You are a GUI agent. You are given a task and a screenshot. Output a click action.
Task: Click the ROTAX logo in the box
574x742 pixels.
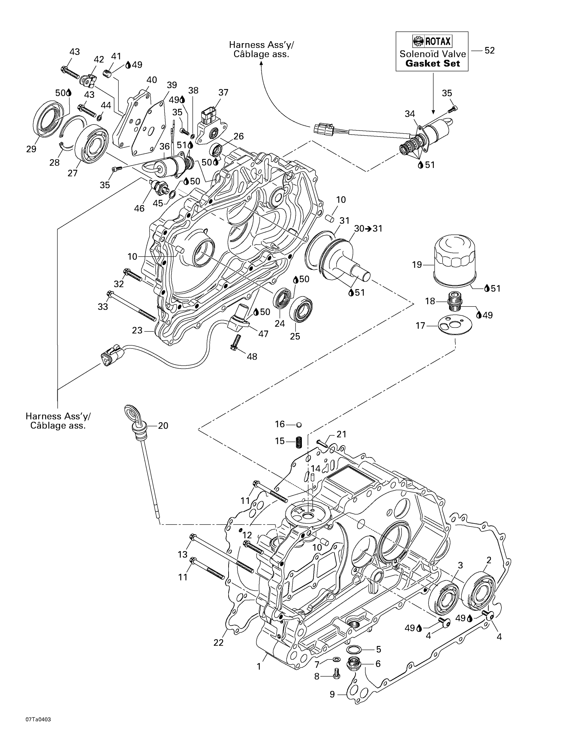pyautogui.click(x=432, y=42)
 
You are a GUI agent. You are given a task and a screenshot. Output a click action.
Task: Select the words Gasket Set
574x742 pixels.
pyautogui.click(x=433, y=63)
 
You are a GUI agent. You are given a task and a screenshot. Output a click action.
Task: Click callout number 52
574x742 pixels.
pyautogui.click(x=489, y=51)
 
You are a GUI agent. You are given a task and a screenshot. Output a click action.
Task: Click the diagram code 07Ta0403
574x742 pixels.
pyautogui.click(x=38, y=729)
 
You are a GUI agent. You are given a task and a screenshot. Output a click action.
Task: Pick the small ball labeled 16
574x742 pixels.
pyautogui.click(x=299, y=424)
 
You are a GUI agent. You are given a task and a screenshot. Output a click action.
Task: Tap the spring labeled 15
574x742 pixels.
pyautogui.click(x=298, y=442)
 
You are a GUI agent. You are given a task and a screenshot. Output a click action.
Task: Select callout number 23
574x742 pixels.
pyautogui.click(x=137, y=330)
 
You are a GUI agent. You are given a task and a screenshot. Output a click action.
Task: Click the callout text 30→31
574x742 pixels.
pyautogui.click(x=368, y=229)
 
